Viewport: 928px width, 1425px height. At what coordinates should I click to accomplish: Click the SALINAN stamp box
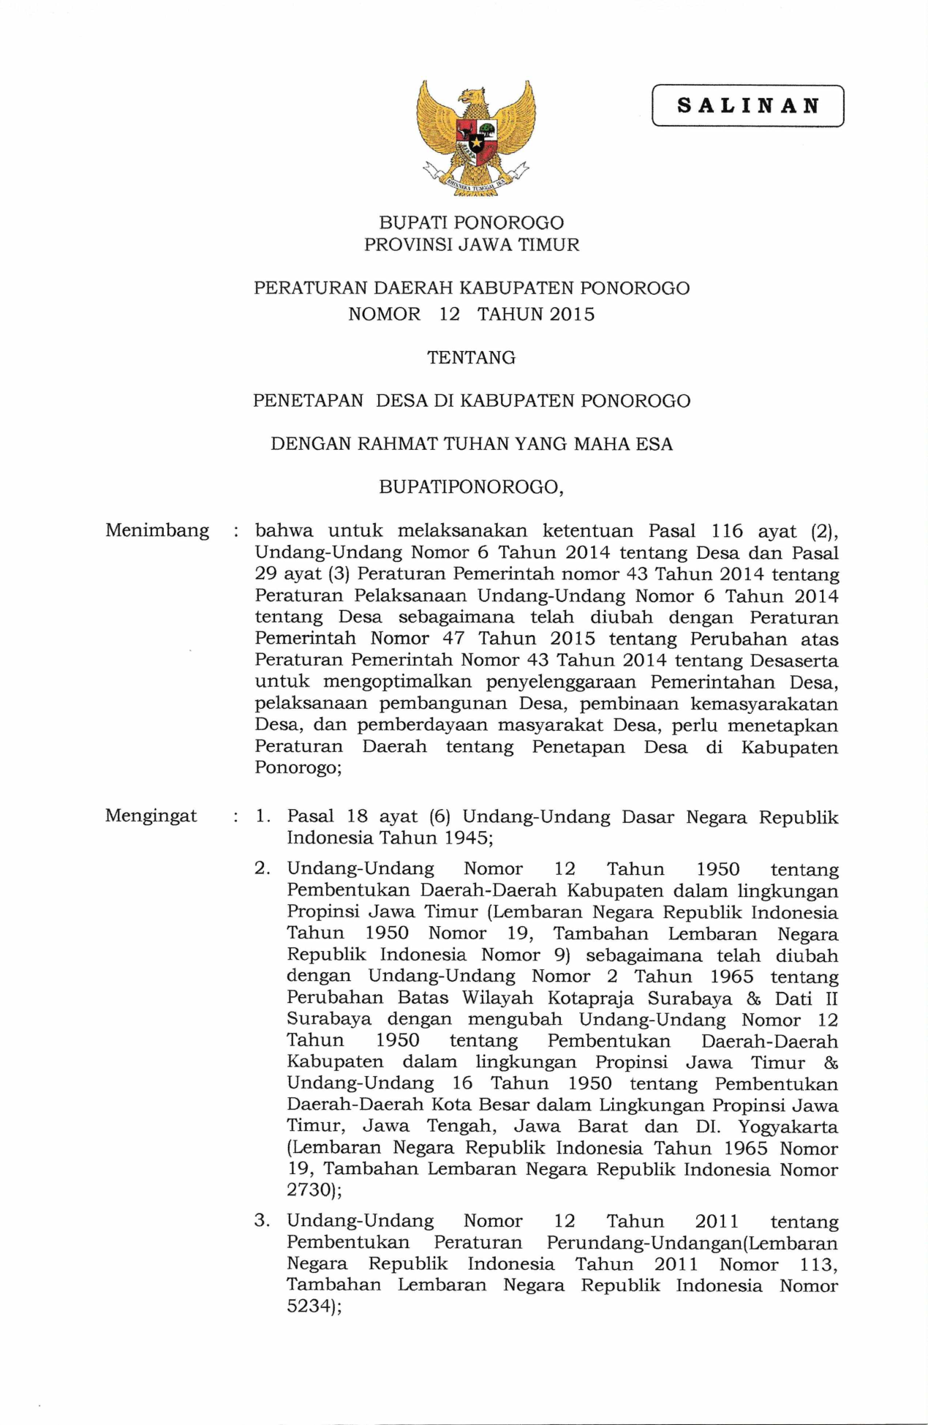tap(747, 106)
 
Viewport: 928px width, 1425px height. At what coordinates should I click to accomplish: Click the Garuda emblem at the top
tap(475, 138)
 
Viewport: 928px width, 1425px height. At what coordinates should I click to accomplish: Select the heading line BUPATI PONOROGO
tap(472, 222)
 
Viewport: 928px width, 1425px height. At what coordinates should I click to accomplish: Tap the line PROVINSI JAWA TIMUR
tap(472, 245)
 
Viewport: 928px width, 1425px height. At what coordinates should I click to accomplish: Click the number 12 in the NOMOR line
tap(449, 315)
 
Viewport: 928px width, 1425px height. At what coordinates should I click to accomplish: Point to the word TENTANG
tap(472, 358)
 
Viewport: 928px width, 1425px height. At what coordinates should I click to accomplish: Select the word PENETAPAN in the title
tap(308, 401)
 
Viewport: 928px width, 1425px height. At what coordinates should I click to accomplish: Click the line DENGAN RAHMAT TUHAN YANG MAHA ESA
tap(472, 444)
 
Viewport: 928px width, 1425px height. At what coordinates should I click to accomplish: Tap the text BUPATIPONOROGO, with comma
tap(472, 487)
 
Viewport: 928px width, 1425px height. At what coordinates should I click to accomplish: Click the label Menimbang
tap(157, 530)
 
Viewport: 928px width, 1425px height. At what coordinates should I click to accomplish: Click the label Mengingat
tap(151, 816)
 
